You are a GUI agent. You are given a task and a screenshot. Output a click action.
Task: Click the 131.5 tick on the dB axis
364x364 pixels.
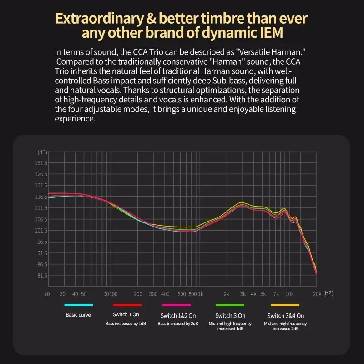click(x=41, y=163)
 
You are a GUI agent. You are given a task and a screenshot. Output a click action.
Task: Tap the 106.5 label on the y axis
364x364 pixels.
click(x=41, y=219)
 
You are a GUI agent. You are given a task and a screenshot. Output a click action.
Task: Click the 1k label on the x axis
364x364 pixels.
click(x=201, y=294)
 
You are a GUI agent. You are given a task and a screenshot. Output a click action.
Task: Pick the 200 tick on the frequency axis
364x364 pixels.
click(x=138, y=294)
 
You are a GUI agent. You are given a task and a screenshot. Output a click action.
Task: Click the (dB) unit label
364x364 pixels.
click(x=42, y=152)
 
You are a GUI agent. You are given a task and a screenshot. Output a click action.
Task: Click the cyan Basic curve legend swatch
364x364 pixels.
click(x=78, y=305)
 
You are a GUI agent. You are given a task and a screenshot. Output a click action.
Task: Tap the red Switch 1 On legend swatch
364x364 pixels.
click(x=126, y=305)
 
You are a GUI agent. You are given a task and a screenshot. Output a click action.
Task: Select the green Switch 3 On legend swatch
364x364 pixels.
click(x=230, y=305)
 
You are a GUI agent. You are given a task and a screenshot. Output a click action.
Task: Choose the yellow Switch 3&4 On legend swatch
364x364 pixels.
click(x=285, y=305)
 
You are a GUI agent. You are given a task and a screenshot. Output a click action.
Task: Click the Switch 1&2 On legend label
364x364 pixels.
click(x=178, y=315)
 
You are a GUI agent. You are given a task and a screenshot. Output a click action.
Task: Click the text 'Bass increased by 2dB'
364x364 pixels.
click(x=178, y=324)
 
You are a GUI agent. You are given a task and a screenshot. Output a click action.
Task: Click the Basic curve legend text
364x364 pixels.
click(x=78, y=314)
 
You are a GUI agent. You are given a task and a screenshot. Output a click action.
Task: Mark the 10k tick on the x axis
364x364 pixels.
click(x=289, y=294)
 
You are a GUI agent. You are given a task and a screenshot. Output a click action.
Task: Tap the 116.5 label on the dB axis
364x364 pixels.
click(x=41, y=197)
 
